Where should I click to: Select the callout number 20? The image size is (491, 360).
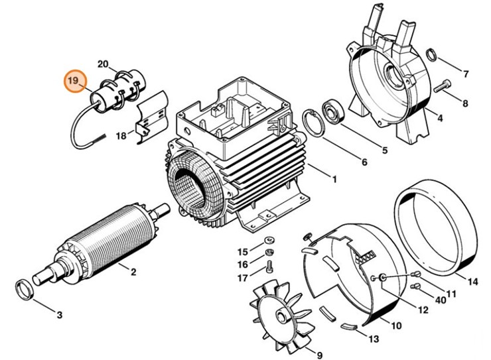tap(102, 64)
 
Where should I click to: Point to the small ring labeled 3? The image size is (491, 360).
tap(25, 290)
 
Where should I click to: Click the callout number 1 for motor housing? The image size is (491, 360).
tap(334, 179)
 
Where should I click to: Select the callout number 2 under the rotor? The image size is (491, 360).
tap(133, 271)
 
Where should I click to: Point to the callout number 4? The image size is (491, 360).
tap(439, 119)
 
